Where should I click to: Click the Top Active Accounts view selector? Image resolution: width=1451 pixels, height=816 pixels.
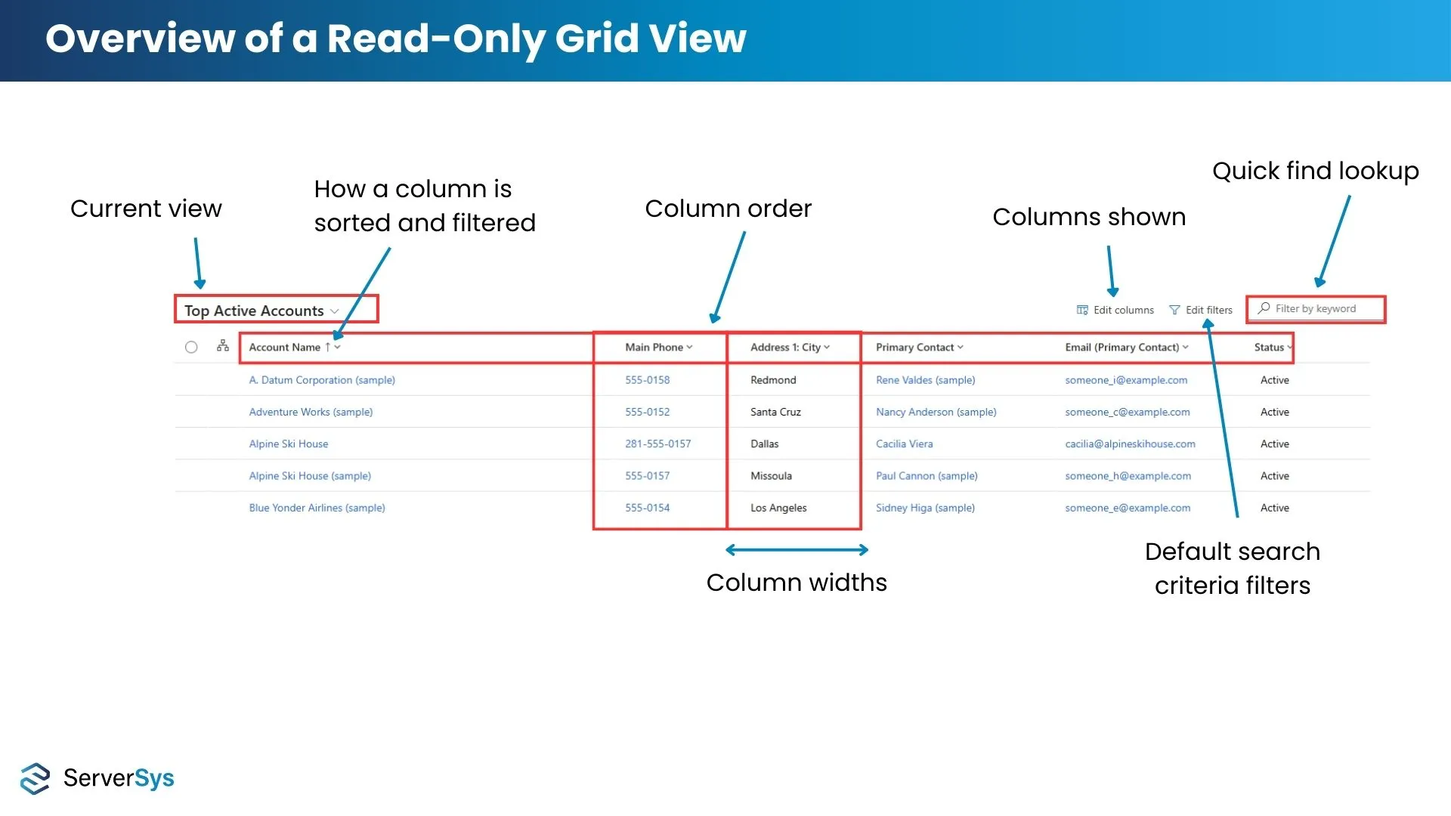261,311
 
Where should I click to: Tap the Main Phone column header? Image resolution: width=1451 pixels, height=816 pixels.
658,348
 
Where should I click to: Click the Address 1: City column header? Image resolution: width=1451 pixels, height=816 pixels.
790,348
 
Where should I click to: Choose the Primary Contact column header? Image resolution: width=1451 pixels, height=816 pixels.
919,348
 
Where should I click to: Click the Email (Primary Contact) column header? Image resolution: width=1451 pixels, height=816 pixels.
1127,348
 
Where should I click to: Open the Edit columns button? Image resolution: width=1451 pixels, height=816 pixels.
1115,310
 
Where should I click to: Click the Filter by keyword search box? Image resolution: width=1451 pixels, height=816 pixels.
1316,309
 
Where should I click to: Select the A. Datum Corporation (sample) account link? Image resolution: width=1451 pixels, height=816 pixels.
322,380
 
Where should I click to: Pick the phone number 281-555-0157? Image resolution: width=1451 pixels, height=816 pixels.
657,444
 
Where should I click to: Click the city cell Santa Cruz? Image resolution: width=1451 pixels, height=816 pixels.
775,412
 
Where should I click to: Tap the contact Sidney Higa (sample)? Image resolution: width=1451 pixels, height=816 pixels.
925,508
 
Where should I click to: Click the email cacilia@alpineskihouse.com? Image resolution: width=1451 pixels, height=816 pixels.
1130,444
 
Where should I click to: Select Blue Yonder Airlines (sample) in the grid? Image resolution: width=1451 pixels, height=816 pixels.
317,508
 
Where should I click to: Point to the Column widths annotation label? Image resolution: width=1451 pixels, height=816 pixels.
797,583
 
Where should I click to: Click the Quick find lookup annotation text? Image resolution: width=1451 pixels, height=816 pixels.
1315,172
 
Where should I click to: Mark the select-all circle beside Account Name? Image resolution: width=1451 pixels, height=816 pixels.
191,348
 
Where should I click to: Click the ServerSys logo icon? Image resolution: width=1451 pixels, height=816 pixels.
35,778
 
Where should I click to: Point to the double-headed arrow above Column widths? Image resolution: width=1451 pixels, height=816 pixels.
797,550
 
